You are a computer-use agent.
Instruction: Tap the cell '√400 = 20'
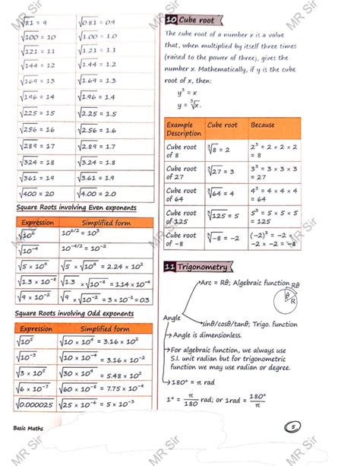pos(41,194)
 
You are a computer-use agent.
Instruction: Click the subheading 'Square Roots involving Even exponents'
pos(76,208)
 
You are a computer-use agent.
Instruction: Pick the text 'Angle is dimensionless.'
pos(220,334)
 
